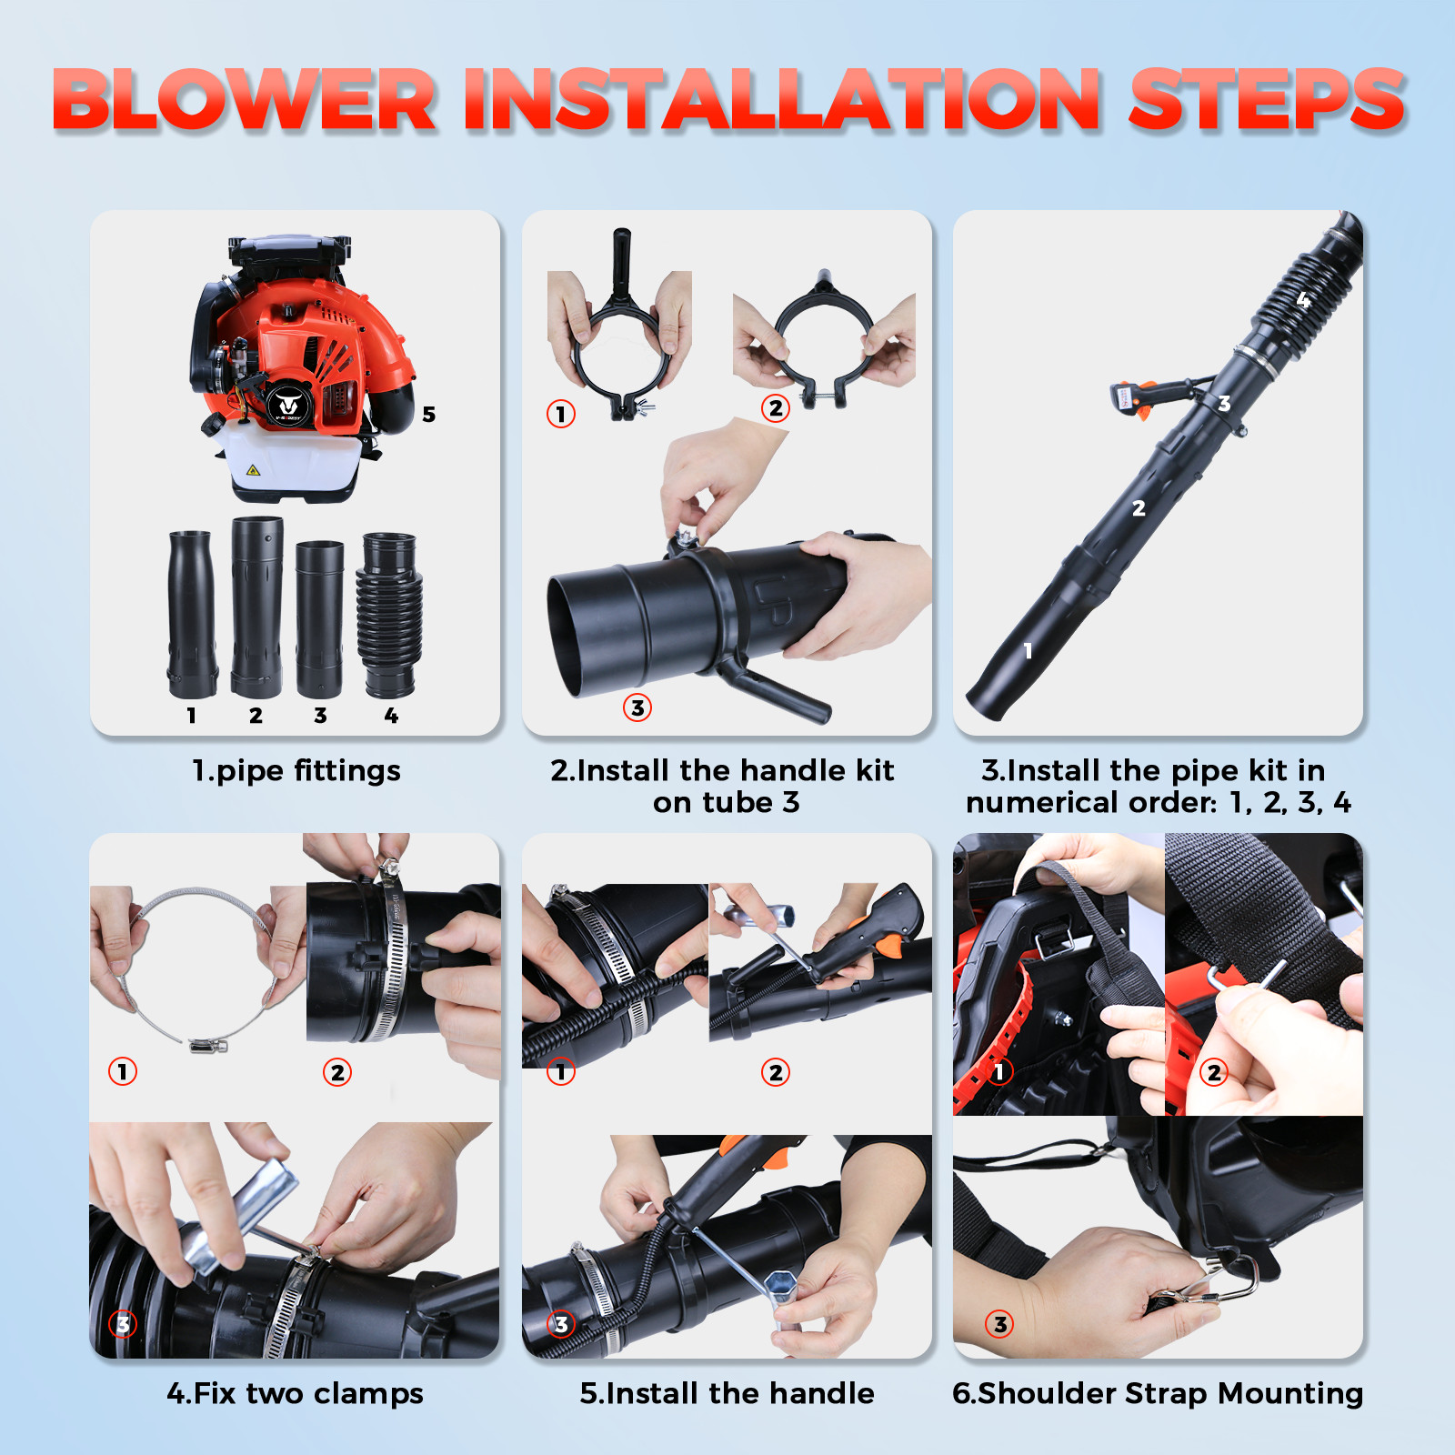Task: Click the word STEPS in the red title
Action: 1267,100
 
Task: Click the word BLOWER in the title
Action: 246,100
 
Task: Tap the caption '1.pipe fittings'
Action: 296,771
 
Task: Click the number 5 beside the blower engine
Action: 429,415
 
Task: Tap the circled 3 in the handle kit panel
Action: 637,707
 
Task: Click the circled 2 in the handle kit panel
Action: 776,408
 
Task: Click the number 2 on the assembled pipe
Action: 1139,508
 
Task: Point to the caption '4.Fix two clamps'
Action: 296,1393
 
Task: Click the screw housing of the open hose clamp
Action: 207,1046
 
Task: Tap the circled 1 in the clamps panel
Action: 123,1071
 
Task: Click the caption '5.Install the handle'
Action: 727,1393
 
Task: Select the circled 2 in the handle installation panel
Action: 776,1072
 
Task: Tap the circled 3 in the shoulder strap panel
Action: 1000,1324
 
